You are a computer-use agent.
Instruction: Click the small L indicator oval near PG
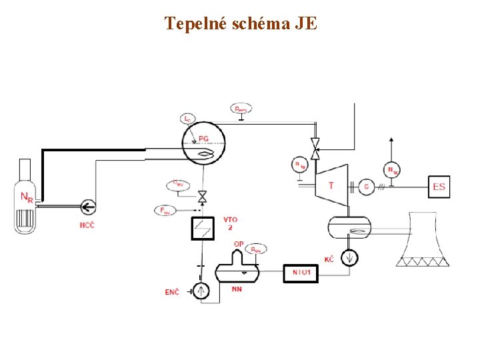coord(188,119)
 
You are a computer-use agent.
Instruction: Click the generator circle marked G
coord(366,187)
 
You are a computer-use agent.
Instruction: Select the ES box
coord(439,187)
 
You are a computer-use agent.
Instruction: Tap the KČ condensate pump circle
coord(348,257)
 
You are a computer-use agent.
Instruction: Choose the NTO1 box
coord(301,273)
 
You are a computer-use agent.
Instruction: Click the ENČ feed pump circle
coord(201,290)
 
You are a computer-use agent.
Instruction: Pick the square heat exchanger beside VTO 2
coord(201,229)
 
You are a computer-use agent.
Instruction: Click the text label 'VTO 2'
coord(230,223)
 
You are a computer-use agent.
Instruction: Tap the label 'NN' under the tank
coord(237,289)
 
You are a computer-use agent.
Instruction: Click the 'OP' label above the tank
coord(238,245)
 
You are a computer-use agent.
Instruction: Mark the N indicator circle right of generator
coord(392,171)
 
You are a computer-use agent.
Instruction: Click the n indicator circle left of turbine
coord(300,165)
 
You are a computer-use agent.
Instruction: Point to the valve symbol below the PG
coord(201,196)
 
